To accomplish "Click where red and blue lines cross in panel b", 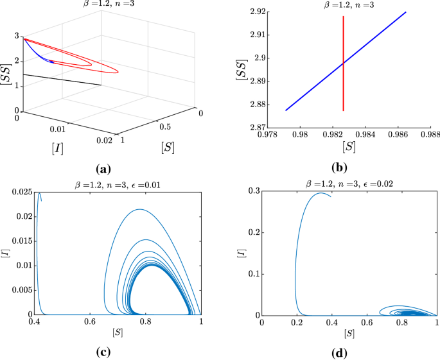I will pyautogui.click(x=344, y=64).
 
